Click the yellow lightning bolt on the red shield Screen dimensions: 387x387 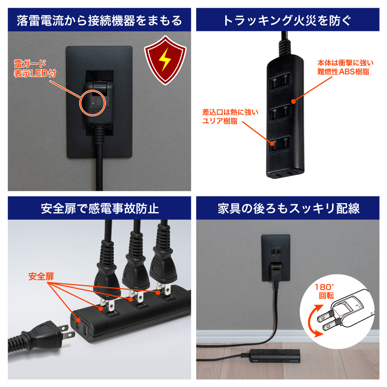point(164,60)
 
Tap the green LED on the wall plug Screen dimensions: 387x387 point(92,104)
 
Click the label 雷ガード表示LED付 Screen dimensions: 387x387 point(35,68)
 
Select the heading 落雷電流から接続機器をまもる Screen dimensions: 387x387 point(99,21)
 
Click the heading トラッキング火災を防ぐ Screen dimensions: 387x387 point(288,21)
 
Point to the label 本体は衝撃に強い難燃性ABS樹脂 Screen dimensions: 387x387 point(345,67)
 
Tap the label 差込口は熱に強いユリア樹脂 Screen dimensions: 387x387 point(230,116)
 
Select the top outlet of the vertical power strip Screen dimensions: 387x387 point(280,81)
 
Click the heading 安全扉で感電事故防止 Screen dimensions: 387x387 point(100,209)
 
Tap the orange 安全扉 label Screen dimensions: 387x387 point(41,276)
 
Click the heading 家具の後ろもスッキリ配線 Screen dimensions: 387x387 point(289,209)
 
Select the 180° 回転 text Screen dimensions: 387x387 point(325,291)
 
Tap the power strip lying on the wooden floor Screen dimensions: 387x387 point(275,356)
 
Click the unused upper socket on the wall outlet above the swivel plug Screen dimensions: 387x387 point(276,252)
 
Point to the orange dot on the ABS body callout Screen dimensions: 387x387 point(293,101)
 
